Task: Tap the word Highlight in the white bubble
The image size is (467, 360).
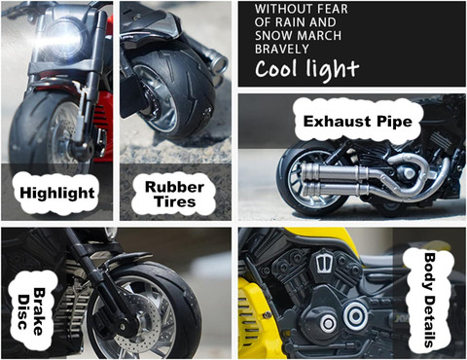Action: pyautogui.click(x=57, y=194)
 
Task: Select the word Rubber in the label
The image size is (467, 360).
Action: pyautogui.click(x=174, y=187)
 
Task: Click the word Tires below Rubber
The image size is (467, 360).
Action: pyautogui.click(x=175, y=201)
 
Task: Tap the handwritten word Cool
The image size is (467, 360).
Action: pyautogui.click(x=276, y=68)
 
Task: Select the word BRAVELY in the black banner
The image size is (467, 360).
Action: pyautogui.click(x=281, y=49)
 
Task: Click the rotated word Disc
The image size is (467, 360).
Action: pyautogui.click(x=22, y=312)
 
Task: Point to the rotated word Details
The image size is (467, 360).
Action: pyautogui.click(x=429, y=321)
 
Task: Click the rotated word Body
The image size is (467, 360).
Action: pyautogui.click(x=430, y=271)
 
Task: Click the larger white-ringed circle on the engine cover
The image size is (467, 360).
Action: pyautogui.click(x=355, y=315)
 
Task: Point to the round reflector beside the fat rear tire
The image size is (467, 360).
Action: pyautogui.click(x=223, y=63)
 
